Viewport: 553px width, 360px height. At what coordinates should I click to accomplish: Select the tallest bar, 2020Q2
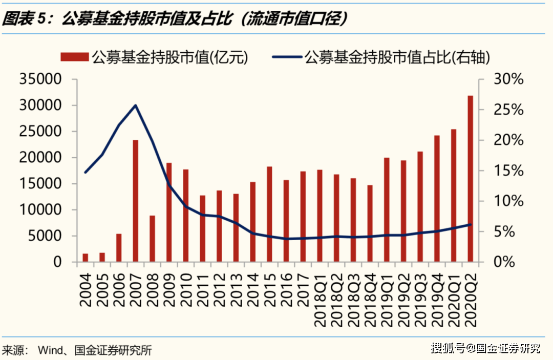click(470, 179)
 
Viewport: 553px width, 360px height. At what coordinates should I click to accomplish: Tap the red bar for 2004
click(86, 258)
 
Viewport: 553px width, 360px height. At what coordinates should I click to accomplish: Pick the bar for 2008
click(152, 239)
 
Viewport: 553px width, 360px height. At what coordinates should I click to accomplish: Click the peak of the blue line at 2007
click(136, 105)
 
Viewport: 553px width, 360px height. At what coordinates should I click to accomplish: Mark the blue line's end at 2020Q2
click(470, 224)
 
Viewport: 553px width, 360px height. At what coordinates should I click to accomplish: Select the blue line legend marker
click(287, 57)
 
